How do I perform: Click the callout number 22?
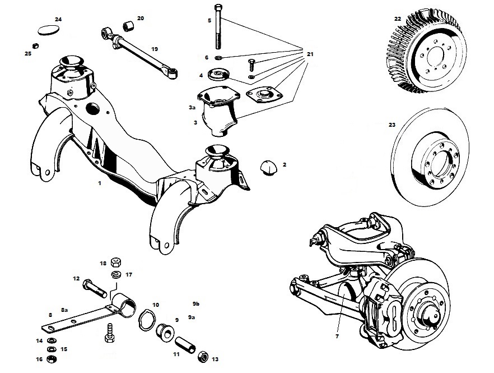coord(397,19)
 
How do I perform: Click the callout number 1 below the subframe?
coord(99,183)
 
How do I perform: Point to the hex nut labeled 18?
coord(116,261)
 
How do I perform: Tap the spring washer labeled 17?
coord(116,274)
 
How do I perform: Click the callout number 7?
coord(337,336)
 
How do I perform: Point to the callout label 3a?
coord(192,107)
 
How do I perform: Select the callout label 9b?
coord(196,303)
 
